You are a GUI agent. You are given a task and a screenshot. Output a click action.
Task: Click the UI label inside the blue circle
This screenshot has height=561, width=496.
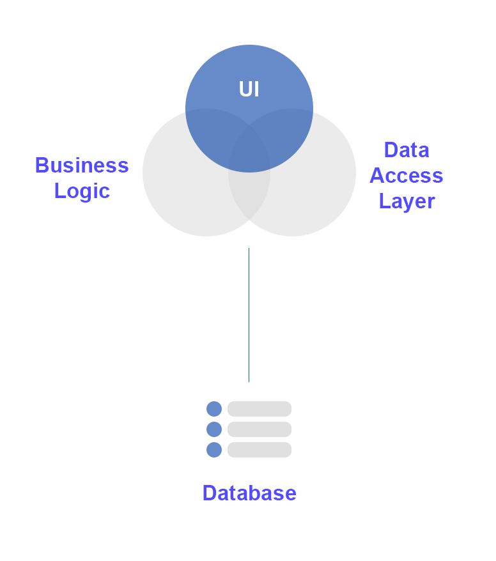(249, 89)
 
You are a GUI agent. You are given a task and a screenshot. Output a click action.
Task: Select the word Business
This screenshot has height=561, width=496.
(82, 165)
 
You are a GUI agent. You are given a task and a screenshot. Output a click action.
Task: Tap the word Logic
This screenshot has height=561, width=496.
(82, 191)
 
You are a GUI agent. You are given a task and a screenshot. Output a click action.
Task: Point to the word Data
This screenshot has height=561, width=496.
(407, 150)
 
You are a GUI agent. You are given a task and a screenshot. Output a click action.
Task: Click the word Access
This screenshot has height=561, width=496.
(407, 176)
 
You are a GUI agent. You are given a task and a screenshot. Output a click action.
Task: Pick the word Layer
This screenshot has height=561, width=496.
(407, 201)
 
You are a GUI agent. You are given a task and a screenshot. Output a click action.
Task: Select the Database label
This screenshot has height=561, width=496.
(249, 493)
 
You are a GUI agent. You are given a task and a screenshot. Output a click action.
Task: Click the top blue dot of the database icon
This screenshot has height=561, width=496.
(214, 409)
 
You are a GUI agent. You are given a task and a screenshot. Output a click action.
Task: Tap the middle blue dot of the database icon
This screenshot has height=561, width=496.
(214, 429)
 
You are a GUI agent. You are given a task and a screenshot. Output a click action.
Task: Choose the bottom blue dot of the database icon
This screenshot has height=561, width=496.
(214, 450)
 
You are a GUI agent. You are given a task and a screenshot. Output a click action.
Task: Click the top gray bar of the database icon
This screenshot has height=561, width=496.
(260, 409)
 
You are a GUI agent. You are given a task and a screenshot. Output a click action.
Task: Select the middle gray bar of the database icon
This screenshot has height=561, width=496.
(260, 429)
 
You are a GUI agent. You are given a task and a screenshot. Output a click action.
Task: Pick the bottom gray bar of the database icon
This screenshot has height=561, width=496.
(260, 450)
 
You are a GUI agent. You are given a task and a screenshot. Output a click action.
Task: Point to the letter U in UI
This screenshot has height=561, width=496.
(245, 89)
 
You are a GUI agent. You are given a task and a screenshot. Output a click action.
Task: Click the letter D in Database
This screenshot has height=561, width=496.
(209, 493)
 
